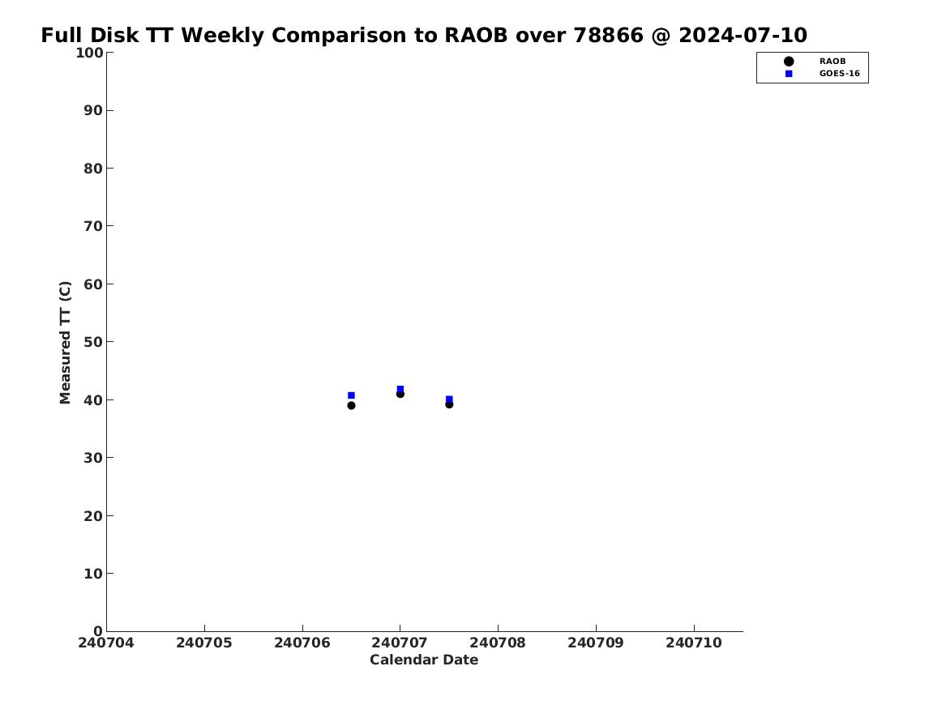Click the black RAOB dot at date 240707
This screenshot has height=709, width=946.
(x=400, y=394)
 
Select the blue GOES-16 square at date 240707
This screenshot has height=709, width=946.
(x=400, y=389)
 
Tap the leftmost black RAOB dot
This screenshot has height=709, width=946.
(x=351, y=405)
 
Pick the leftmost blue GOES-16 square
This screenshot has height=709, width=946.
(x=351, y=395)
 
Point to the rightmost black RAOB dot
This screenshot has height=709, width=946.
(x=449, y=404)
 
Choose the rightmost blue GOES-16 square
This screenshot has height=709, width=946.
(x=449, y=399)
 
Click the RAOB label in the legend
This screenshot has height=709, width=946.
(x=833, y=61)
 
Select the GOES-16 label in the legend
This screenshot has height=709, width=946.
(x=839, y=74)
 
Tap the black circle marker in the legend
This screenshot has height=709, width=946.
(x=789, y=61)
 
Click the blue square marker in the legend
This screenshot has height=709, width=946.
(x=789, y=74)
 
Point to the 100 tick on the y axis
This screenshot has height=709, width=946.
(x=88, y=53)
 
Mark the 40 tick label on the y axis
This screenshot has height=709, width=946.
(x=93, y=399)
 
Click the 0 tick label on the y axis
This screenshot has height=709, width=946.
(x=98, y=630)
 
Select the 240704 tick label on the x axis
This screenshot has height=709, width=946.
(x=106, y=643)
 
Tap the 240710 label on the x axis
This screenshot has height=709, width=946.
(x=694, y=643)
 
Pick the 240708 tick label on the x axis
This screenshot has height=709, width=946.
(x=498, y=643)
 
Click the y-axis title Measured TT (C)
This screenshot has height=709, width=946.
(x=65, y=343)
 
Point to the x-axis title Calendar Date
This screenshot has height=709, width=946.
(x=424, y=660)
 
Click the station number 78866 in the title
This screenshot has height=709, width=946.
(x=608, y=35)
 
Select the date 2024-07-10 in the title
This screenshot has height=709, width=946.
(x=743, y=35)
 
